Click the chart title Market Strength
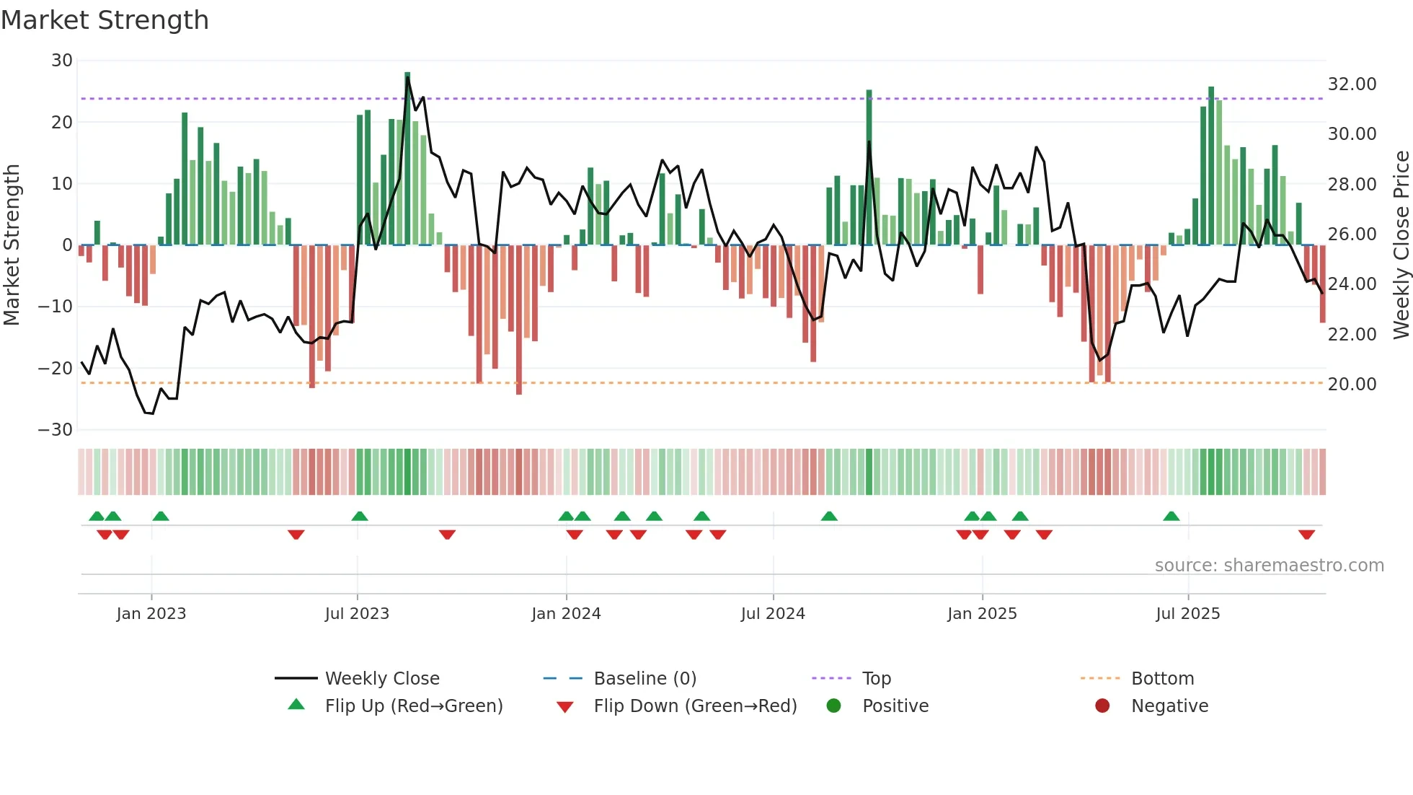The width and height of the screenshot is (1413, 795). (x=105, y=20)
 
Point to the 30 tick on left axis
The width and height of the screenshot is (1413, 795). (x=62, y=61)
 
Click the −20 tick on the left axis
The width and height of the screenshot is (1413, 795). (x=56, y=369)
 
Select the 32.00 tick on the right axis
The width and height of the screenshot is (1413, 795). (x=1352, y=84)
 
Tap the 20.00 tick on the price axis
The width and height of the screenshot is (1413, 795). (x=1352, y=385)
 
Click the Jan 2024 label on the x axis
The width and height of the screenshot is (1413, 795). (x=566, y=614)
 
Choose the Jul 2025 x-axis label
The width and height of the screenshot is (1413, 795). (x=1187, y=614)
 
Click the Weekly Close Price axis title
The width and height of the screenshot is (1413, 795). (x=1401, y=245)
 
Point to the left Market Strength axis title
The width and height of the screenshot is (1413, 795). (x=12, y=245)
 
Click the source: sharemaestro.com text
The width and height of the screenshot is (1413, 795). (x=1269, y=566)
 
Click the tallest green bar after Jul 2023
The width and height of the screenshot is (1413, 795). (x=407, y=159)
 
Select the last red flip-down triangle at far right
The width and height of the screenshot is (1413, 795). (x=1306, y=535)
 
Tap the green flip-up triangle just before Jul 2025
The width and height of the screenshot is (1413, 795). (x=1171, y=516)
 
